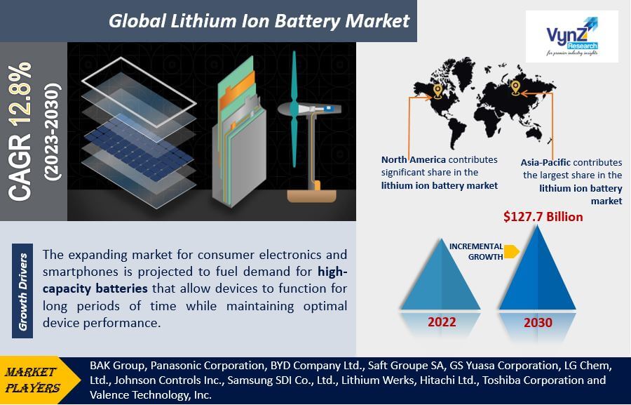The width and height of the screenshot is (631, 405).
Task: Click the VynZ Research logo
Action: (572, 36)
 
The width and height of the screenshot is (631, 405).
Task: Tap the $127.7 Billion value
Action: (543, 217)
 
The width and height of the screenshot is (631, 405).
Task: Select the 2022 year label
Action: (442, 322)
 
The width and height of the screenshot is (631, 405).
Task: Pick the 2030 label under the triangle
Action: (538, 322)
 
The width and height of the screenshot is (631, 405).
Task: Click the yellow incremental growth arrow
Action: (512, 251)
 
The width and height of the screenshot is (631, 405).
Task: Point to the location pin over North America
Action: (437, 91)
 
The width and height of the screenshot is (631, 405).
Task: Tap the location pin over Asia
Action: (515, 88)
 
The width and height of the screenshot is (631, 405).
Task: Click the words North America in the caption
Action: (413, 159)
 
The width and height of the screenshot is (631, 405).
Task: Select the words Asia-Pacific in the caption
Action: (545, 162)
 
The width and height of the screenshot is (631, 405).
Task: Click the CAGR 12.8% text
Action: (20, 131)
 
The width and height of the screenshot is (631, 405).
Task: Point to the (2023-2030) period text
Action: (53, 131)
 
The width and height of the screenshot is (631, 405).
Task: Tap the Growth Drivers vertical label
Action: (22, 291)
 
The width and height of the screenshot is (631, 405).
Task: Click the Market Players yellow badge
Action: (37, 380)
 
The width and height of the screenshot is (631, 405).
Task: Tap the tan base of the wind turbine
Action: (311, 196)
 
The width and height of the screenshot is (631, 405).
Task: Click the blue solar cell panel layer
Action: (140, 149)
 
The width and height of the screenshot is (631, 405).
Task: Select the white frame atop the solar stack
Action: (140, 93)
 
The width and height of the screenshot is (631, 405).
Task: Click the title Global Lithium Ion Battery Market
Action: (259, 21)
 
